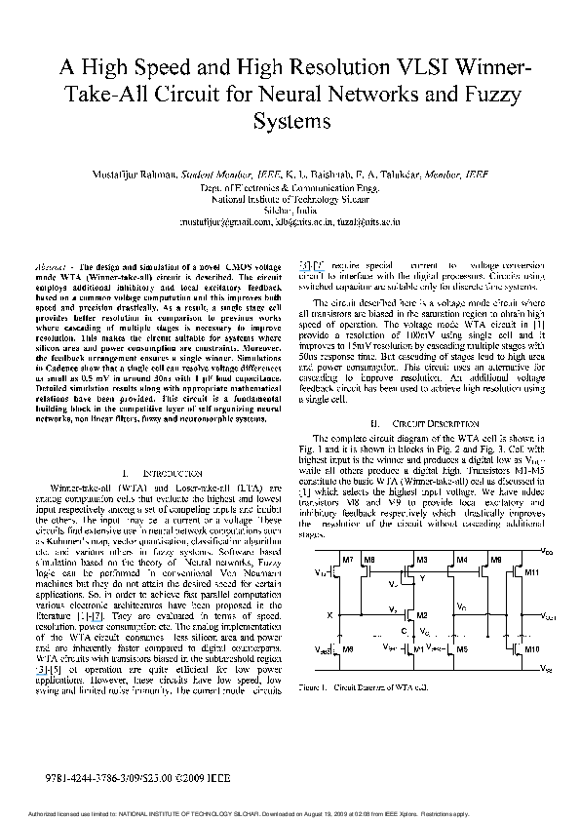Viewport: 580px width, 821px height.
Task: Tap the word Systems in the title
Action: pos(290,122)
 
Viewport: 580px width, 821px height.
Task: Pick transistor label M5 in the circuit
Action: pos(463,647)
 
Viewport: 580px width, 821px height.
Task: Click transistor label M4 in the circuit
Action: pos(462,560)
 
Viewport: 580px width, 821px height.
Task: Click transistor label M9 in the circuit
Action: pos(496,560)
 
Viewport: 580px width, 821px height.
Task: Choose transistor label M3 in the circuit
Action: pos(422,560)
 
